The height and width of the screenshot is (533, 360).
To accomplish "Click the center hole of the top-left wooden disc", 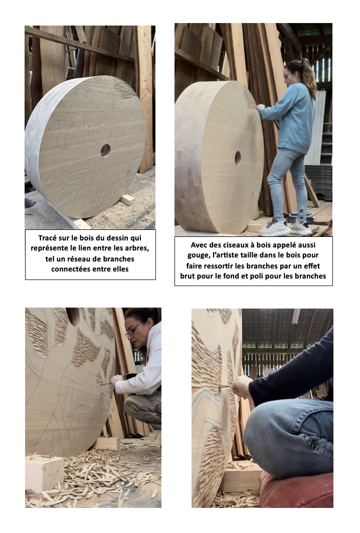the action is pos(105,151).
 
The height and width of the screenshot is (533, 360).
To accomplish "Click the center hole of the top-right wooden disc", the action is pos(238,158).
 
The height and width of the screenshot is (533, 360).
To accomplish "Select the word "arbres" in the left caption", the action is pos(137,248).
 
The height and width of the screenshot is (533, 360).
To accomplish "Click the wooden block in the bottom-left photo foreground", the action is pos(44,473).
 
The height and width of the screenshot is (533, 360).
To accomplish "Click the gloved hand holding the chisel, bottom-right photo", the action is pos(242,387).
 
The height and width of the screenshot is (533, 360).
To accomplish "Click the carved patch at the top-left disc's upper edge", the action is pos(124,88).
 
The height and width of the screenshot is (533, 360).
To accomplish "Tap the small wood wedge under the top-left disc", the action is pos(127,199).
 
